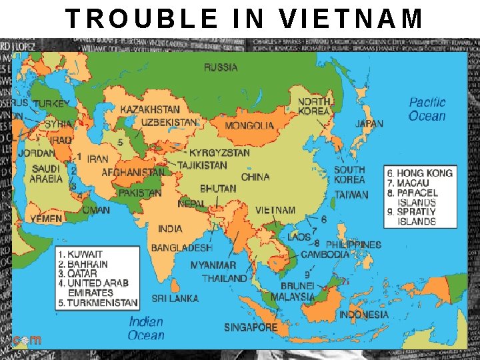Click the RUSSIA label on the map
point(221,67)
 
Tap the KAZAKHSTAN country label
point(150,109)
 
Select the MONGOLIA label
point(249,125)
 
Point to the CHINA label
point(255,177)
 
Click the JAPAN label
point(369,123)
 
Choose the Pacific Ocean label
point(427,109)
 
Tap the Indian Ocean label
point(146,328)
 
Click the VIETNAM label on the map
point(275,210)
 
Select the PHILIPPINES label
point(353,245)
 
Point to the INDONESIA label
point(364,314)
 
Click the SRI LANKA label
point(175,298)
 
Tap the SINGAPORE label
point(251,327)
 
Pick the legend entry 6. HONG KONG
point(420,173)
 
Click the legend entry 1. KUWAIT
point(81,255)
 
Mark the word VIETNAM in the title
point(351,19)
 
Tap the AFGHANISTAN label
point(133,172)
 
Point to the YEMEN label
point(46,218)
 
